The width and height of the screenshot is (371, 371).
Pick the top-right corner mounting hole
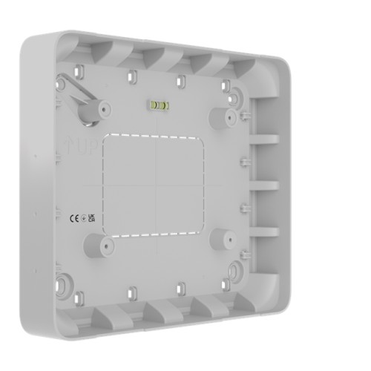tap(236, 96)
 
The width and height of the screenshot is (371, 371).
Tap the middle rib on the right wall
tap(264, 183)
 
